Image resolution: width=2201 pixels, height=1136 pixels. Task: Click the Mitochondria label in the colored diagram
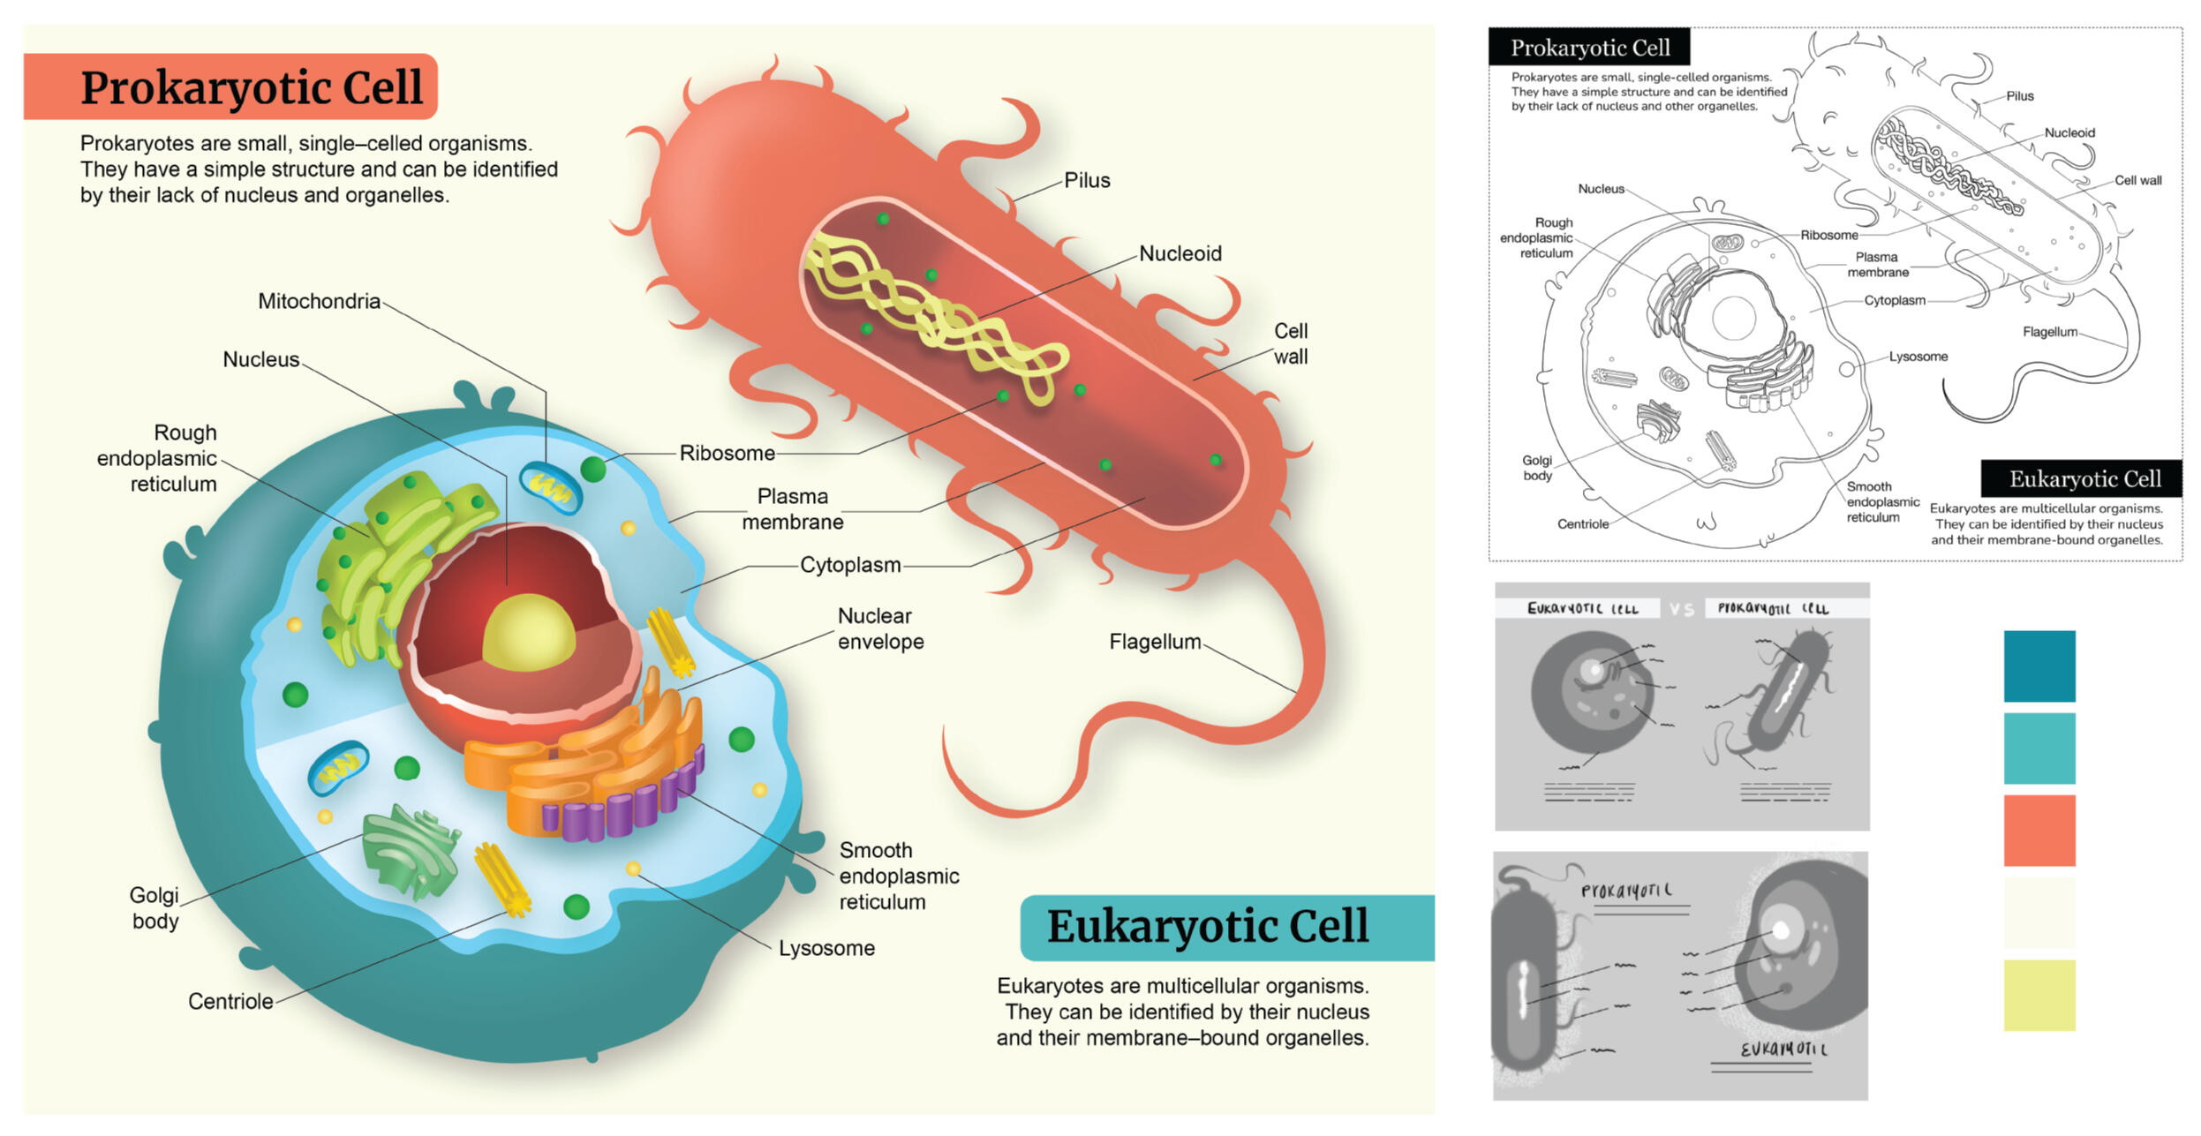click(318, 301)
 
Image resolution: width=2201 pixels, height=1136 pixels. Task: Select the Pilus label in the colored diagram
click(1086, 180)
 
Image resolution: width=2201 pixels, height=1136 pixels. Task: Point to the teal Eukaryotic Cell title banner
click(1225, 927)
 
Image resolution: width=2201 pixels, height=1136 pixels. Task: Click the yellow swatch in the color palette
click(2038, 995)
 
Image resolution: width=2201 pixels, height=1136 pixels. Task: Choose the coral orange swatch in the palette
click(2038, 830)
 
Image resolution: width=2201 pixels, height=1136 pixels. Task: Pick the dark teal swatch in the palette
click(2038, 666)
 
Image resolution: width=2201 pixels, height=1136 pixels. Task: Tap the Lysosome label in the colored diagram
click(825, 948)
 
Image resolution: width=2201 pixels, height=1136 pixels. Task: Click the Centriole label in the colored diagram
click(230, 1001)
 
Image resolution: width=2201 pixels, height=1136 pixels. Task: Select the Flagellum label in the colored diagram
click(1154, 642)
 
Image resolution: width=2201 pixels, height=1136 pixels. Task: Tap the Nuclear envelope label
click(879, 628)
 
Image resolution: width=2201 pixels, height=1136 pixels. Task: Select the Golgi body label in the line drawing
click(1536, 468)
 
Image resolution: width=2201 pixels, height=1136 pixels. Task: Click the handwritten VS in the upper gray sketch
click(1680, 609)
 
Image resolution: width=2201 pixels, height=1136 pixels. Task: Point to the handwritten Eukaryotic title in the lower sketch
click(1782, 1049)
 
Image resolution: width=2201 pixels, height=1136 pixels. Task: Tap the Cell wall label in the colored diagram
click(1289, 343)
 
